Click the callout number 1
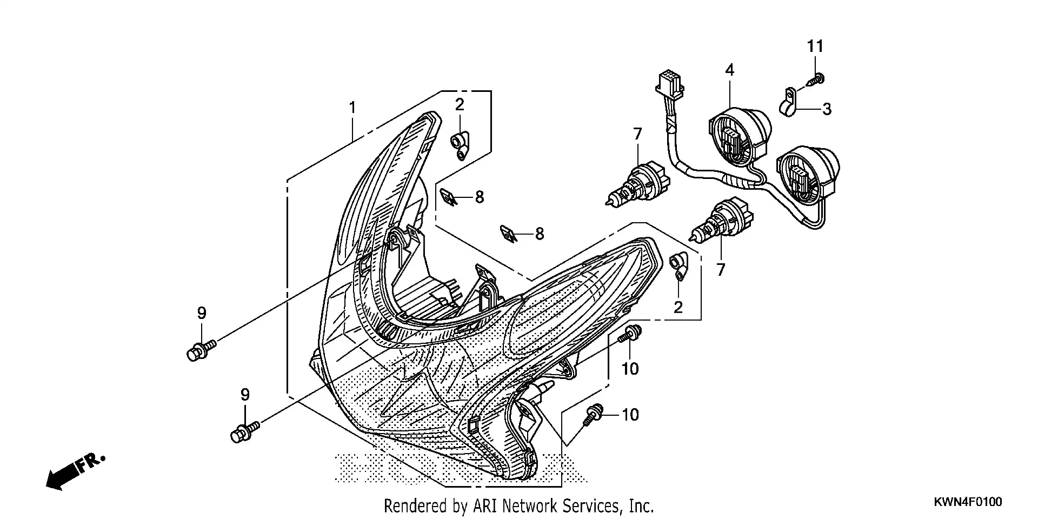click(x=352, y=108)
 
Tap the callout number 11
click(x=815, y=46)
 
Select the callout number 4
click(x=730, y=70)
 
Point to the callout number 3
click(x=827, y=109)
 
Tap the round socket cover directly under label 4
click(x=738, y=135)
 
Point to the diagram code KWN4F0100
click(x=968, y=502)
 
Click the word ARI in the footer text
click(x=485, y=506)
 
